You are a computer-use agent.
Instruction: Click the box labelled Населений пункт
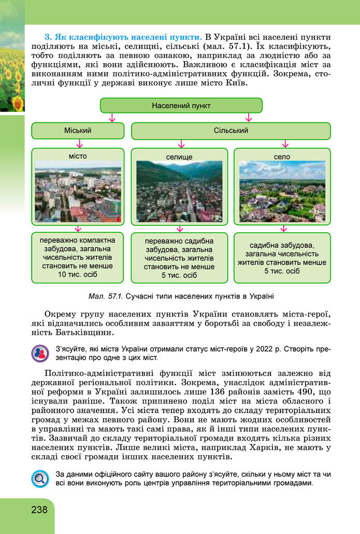181,105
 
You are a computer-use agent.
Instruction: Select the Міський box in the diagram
78,131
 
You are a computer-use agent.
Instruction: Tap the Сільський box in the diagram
231,131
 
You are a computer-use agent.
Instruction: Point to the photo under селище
179,192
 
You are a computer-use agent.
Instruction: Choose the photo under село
282,192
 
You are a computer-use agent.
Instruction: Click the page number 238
38,509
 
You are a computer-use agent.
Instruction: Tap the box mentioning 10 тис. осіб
78,257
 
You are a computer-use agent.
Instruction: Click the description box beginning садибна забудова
282,258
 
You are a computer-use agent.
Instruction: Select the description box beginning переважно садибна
179,258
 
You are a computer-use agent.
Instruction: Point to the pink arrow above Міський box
111,118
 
